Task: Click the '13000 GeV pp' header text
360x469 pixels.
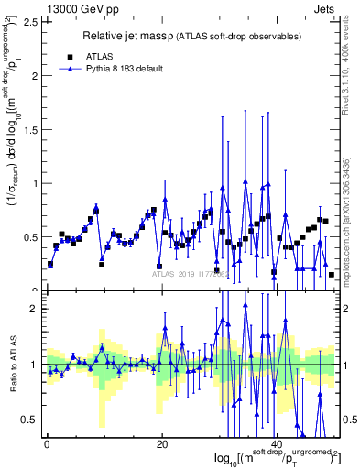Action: (38, 7)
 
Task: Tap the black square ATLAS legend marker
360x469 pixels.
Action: (70, 54)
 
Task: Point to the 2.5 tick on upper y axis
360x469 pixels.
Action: (31, 22)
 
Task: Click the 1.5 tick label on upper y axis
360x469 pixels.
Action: (31, 129)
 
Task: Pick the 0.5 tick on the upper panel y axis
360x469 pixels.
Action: (31, 236)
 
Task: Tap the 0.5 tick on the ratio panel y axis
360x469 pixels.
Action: (31, 419)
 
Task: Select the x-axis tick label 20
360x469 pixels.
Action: (162, 443)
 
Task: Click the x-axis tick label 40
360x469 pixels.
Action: (278, 443)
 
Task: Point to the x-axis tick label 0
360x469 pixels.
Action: (46, 443)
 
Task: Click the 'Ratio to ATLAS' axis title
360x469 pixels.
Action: (12, 365)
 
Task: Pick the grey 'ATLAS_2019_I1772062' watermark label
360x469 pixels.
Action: (192, 274)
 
